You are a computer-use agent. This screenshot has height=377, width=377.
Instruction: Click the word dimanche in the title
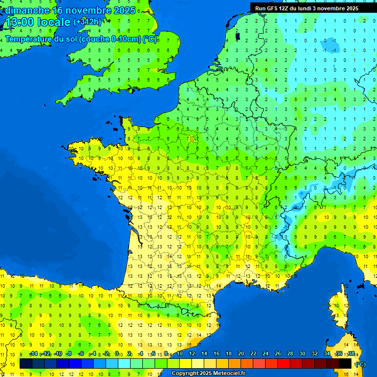click(27, 10)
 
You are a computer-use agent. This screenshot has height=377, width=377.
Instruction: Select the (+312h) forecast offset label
click(87, 22)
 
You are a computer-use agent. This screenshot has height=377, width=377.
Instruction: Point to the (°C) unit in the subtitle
click(150, 39)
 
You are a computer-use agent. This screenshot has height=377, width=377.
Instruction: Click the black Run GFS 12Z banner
click(306, 8)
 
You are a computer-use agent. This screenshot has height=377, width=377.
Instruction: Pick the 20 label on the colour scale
click(241, 354)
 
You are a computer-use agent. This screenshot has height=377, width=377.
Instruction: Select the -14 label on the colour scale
click(33, 354)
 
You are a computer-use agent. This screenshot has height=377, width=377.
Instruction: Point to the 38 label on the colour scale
click(351, 354)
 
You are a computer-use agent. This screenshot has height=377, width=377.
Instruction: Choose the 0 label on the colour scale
click(117, 354)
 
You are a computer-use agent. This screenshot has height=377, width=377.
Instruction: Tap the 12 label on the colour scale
click(191, 354)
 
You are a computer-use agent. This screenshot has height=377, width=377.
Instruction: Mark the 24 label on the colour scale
click(265, 354)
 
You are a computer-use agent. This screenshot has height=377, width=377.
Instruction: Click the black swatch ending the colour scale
click(345, 364)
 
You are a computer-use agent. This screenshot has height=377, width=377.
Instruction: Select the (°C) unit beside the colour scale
click(360, 364)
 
